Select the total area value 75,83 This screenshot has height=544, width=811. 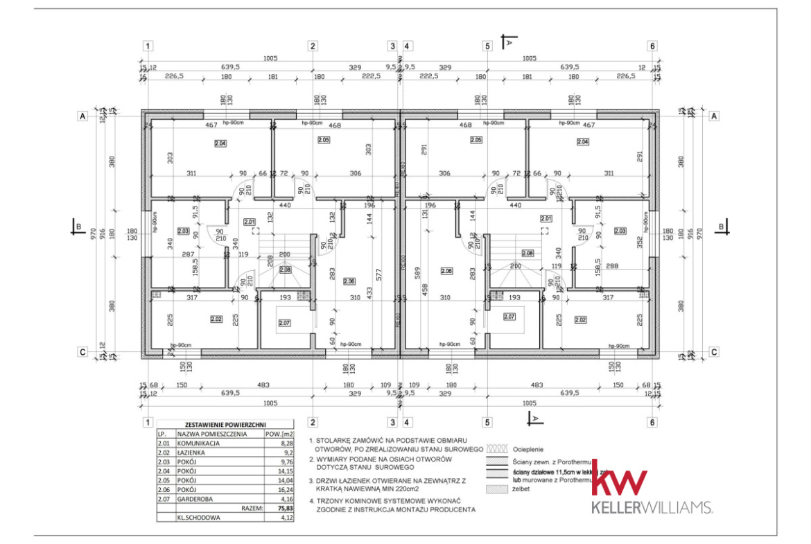click(x=281, y=508)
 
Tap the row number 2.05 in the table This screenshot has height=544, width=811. click(x=165, y=479)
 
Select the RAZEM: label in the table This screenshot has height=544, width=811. click(x=252, y=508)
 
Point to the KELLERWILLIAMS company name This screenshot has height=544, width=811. click(x=652, y=508)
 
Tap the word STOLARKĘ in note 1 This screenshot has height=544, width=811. click(x=344, y=439)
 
